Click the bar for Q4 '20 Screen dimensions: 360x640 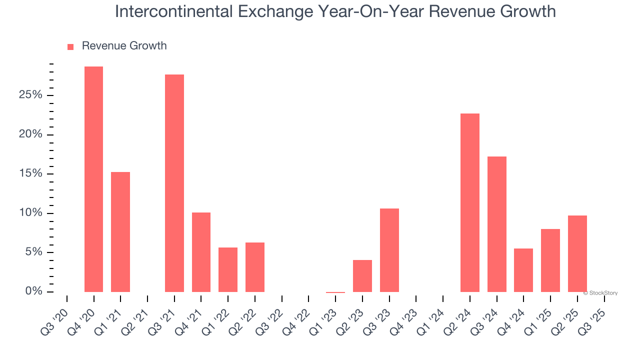click(x=93, y=179)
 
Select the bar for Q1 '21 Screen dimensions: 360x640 click(x=120, y=232)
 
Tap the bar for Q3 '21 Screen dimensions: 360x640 click(x=174, y=183)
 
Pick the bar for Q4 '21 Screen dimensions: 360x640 click(x=201, y=252)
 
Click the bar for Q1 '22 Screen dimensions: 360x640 click(x=228, y=269)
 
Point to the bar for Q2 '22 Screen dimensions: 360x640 click(x=255, y=267)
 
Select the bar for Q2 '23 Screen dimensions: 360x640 click(x=362, y=275)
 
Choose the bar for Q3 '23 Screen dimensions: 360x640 click(x=389, y=250)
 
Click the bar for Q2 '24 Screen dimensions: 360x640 click(x=470, y=202)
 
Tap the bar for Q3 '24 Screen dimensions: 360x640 click(x=497, y=224)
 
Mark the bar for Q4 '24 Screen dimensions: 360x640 click(x=523, y=270)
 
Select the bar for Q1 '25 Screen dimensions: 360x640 click(x=550, y=260)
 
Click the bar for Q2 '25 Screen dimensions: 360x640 click(x=577, y=253)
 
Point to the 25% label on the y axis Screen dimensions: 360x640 click(x=30, y=95)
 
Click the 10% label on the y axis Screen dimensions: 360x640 click(x=30, y=213)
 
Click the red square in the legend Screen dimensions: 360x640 click(x=70, y=46)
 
